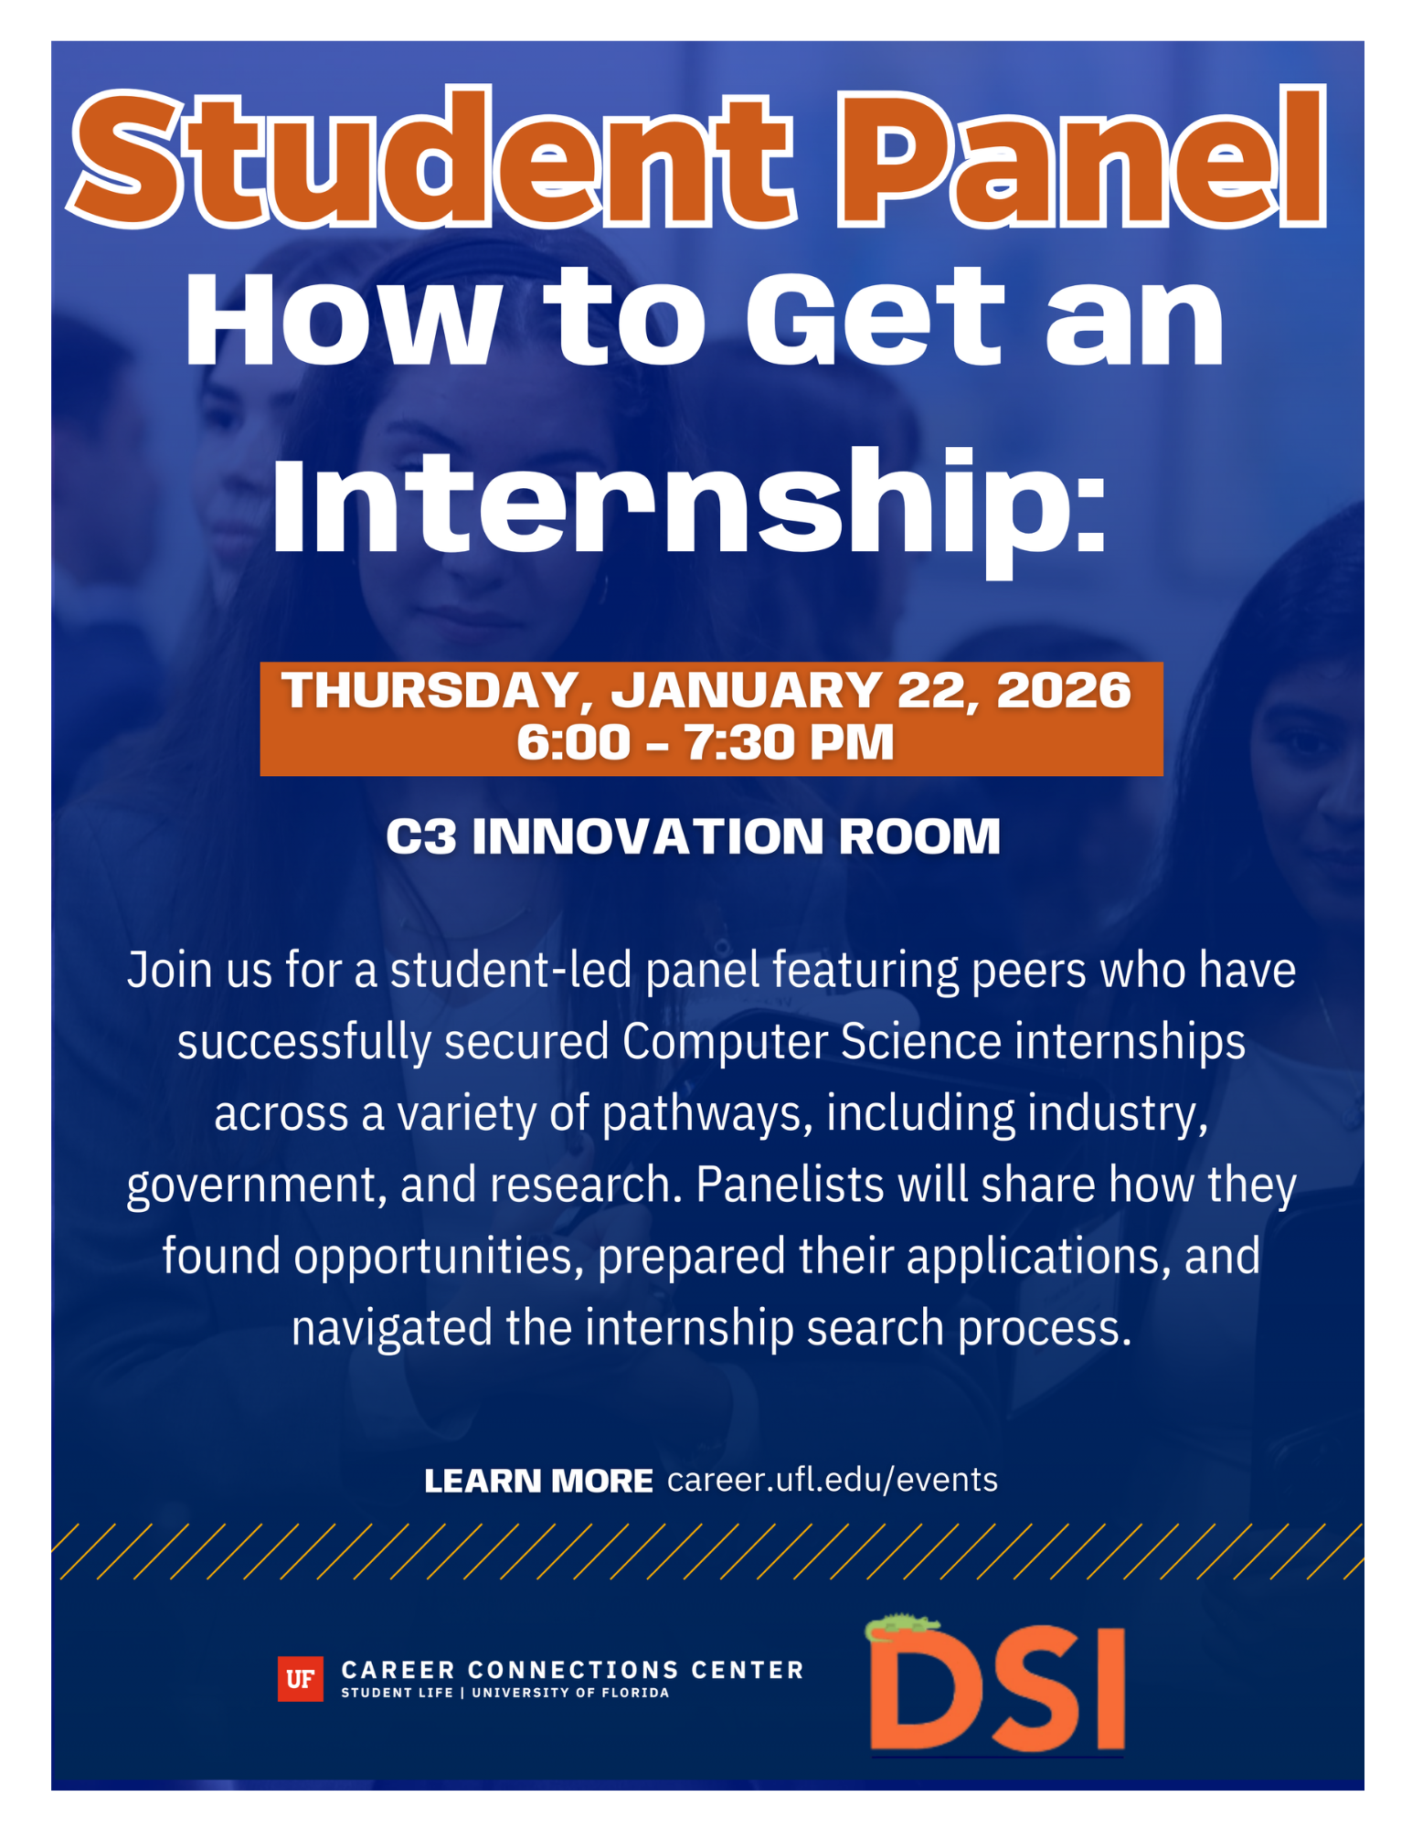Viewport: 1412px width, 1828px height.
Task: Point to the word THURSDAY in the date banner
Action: tap(430, 691)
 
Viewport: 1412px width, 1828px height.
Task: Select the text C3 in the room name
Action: tap(421, 836)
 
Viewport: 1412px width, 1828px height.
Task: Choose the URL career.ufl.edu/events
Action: tap(833, 1480)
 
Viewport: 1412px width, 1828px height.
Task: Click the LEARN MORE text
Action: tap(538, 1481)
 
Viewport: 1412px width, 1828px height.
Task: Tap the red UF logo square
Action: tap(300, 1679)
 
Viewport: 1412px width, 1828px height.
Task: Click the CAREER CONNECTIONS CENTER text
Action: tap(572, 1670)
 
